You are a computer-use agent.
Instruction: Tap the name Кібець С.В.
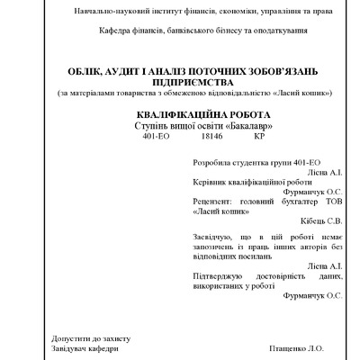coord(322,219)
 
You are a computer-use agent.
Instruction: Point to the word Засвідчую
coord(215,237)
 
